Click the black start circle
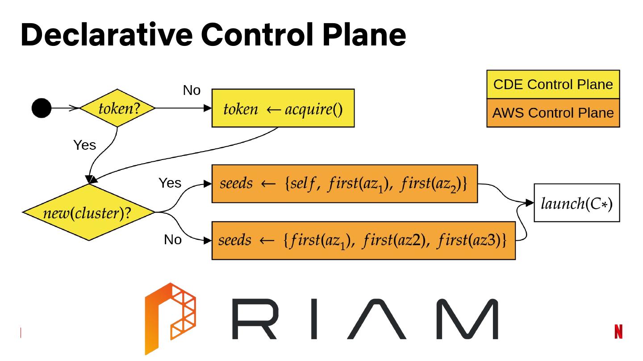pyautogui.click(x=42, y=108)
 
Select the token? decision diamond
pyautogui.click(x=118, y=108)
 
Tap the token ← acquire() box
pyautogui.click(x=283, y=108)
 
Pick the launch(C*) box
pyautogui.click(x=576, y=203)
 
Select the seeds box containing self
pyautogui.click(x=344, y=184)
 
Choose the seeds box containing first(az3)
pyautogui.click(x=363, y=240)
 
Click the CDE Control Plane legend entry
pyautogui.click(x=553, y=84)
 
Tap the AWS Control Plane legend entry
pyautogui.click(x=553, y=113)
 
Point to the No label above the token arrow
pyautogui.click(x=192, y=90)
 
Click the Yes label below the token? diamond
pyautogui.click(x=84, y=145)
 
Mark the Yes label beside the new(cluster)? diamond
pyautogui.click(x=170, y=183)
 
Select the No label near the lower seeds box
pyautogui.click(x=172, y=240)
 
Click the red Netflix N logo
pyautogui.click(x=618, y=332)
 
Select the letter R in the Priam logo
pyautogui.click(x=257, y=319)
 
